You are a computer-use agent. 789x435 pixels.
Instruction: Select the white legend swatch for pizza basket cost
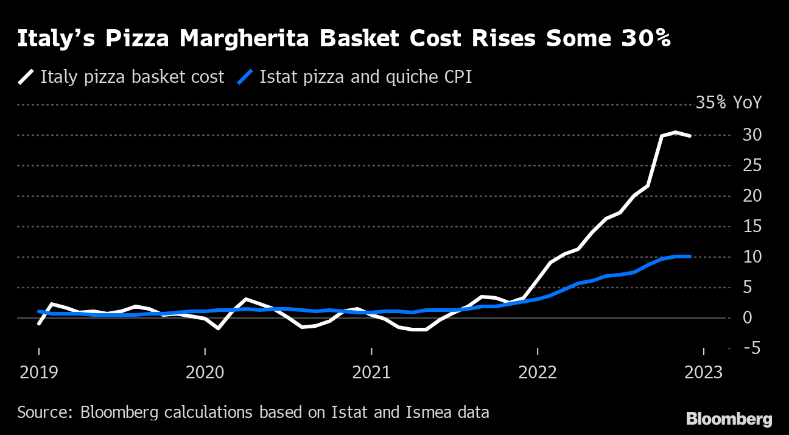27,77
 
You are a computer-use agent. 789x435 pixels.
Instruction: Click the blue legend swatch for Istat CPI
244,77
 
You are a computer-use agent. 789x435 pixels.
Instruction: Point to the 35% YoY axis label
728,103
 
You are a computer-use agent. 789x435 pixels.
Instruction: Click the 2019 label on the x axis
40,372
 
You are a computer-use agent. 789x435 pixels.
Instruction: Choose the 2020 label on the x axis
205,372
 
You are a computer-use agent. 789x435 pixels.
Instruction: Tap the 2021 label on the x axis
371,372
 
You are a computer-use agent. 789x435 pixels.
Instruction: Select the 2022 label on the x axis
538,372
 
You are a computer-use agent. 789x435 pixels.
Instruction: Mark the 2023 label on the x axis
704,372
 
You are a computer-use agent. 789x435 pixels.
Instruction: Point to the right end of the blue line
689,256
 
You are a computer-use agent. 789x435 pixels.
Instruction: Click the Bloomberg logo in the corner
729,419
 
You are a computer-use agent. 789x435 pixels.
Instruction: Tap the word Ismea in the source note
420,412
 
